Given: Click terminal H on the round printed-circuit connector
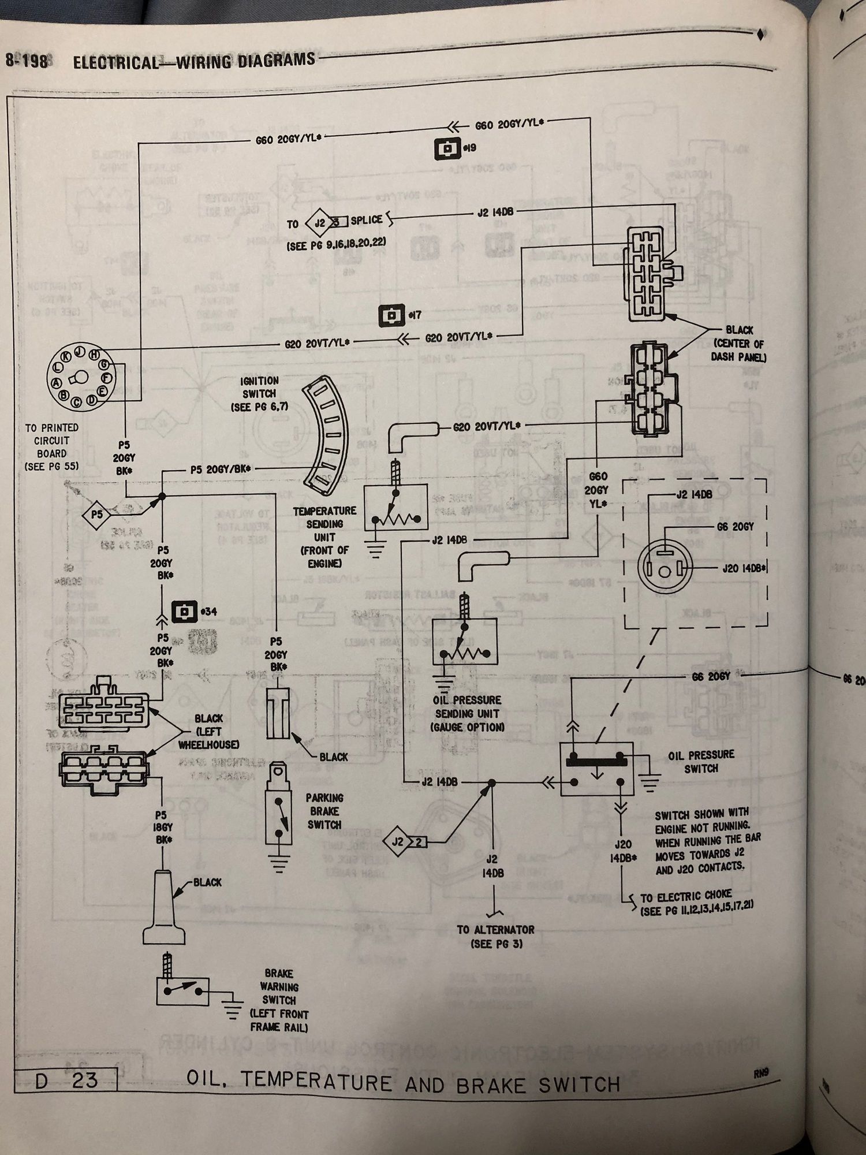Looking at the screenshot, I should (95, 355).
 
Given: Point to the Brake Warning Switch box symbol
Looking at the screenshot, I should (182, 991).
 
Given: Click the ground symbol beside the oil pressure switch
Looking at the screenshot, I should (650, 783).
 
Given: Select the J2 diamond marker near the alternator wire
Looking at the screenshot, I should (398, 842).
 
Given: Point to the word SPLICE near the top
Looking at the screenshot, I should (366, 221).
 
